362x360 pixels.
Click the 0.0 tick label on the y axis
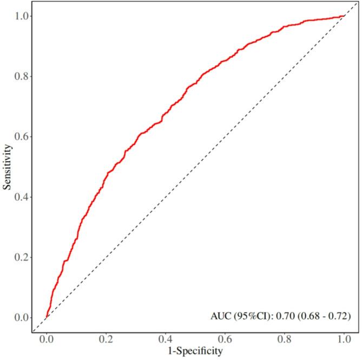[x=22, y=317]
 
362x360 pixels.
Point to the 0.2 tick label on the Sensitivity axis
[x=22, y=257]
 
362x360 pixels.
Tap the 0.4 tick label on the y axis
[x=22, y=197]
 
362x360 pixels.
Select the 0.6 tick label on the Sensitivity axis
[x=22, y=136]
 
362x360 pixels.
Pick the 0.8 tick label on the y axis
[x=22, y=76]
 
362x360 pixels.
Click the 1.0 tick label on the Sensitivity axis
[x=22, y=16]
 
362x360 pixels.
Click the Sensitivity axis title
[x=7, y=166]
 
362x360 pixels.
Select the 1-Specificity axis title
[x=195, y=352]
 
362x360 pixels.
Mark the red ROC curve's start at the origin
[x=47, y=317]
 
